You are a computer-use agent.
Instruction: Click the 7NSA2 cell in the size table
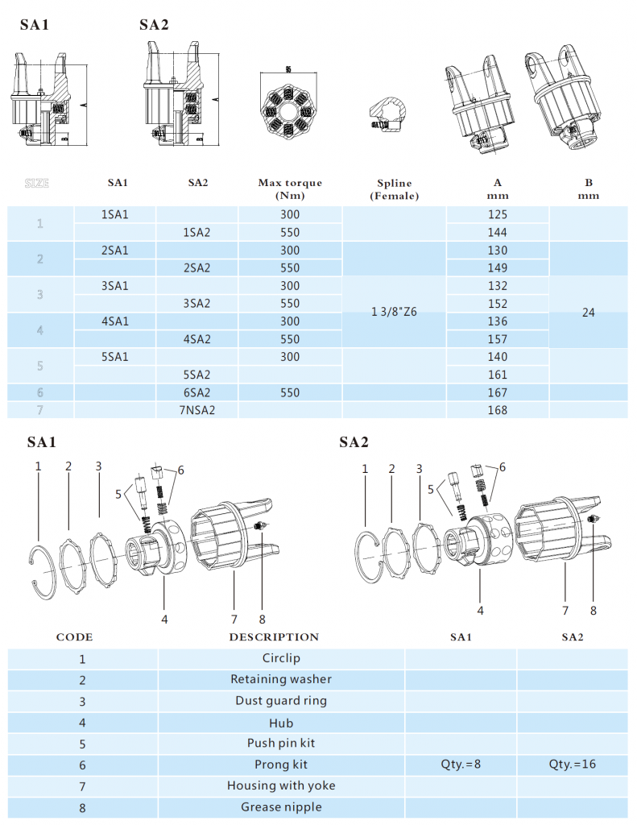point(197,410)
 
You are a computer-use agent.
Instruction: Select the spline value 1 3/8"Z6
point(395,313)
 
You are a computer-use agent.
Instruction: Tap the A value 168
point(498,410)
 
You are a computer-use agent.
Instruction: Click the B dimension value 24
point(588,313)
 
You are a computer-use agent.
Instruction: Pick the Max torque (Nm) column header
point(290,189)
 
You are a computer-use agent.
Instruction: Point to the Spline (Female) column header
point(395,189)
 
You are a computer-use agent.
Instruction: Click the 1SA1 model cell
point(116,215)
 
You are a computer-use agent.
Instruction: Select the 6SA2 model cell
point(197,392)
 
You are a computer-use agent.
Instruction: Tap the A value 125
point(498,215)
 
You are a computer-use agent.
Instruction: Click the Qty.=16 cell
point(573,764)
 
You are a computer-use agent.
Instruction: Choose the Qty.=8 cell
point(461,764)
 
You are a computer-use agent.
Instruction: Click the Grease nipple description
point(281,806)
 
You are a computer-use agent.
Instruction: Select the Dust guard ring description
point(281,700)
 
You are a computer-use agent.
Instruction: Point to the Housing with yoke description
point(281,785)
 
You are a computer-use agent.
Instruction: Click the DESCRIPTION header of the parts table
point(274,636)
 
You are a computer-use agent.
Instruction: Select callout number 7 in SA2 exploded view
point(565,610)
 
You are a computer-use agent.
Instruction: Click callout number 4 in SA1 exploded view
point(164,619)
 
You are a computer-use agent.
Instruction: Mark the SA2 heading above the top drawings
point(154,25)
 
